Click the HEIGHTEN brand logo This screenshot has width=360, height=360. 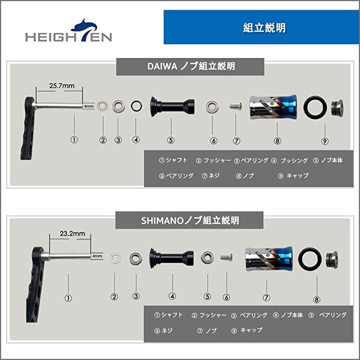coord(68,30)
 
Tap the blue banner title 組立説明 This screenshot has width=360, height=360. coord(264,28)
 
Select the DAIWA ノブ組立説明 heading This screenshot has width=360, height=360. coord(191,66)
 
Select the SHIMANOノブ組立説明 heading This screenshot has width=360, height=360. coord(190,220)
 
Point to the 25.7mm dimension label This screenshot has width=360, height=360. coord(62,85)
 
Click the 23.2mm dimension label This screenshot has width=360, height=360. coord(72,233)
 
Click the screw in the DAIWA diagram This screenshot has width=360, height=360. coord(235,106)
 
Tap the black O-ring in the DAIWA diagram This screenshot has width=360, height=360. coord(315,107)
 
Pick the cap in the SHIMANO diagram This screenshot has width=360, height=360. coord(332,259)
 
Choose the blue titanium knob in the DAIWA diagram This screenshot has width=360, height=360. coord(273,107)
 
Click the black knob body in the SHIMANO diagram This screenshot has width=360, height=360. coord(171,258)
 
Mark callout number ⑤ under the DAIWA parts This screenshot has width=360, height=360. coord(171,140)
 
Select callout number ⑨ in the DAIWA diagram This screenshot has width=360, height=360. coord(324,141)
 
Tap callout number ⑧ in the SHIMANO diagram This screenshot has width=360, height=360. coord(316,299)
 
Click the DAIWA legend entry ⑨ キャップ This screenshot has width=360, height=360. coord(293,176)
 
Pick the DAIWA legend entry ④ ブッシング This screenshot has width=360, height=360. coord(289,160)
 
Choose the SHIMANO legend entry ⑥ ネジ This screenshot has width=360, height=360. coord(163,330)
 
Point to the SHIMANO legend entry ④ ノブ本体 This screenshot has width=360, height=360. coord(287,315)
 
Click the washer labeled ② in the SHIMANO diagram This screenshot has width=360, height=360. coord(115,258)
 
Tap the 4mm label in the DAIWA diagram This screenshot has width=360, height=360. coord(88,106)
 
